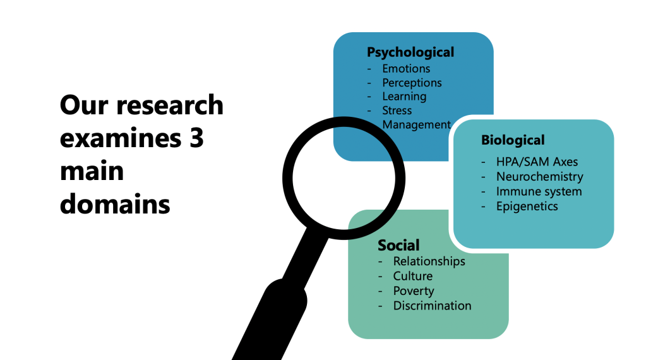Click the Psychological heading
pyautogui.click(x=410, y=52)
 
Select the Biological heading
pyautogui.click(x=512, y=140)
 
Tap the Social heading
pyautogui.click(x=398, y=245)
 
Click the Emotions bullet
pyautogui.click(x=406, y=68)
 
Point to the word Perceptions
pyautogui.click(x=412, y=82)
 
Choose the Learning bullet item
pyautogui.click(x=404, y=96)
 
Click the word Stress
pyautogui.click(x=397, y=111)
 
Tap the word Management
pyautogui.click(x=417, y=124)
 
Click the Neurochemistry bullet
pyautogui.click(x=539, y=177)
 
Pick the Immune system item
pyautogui.click(x=539, y=191)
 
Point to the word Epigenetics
pyautogui.click(x=527, y=206)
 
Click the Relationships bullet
pyautogui.click(x=429, y=261)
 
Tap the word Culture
pyautogui.click(x=412, y=276)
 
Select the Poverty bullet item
pyautogui.click(x=414, y=291)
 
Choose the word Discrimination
pyautogui.click(x=432, y=306)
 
